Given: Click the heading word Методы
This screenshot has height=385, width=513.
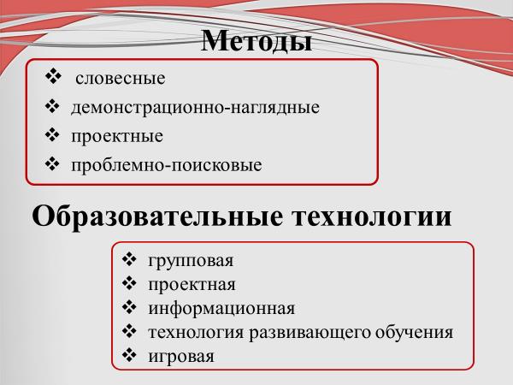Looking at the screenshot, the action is [256, 42].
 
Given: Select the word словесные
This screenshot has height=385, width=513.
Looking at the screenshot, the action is [121, 79].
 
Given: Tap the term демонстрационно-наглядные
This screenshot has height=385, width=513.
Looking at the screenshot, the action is [195, 108].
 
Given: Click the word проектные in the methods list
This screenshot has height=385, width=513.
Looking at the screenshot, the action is [117, 137].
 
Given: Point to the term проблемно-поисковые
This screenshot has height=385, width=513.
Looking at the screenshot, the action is [167, 165].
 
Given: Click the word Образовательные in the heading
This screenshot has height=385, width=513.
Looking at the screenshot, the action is [157, 216].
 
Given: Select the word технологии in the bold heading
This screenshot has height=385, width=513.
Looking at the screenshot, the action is [372, 216].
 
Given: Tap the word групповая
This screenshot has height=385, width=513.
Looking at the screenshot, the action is [191, 262].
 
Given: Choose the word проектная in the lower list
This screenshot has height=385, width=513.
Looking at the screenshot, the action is [192, 285].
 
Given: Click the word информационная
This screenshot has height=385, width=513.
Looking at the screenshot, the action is [221, 308].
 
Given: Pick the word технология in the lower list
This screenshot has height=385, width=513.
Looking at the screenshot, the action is [196, 333].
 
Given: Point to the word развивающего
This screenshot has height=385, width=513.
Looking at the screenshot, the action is [310, 333].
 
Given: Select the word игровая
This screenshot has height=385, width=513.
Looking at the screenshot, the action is [181, 357].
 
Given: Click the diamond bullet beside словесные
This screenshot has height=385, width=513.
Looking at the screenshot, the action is [53, 77].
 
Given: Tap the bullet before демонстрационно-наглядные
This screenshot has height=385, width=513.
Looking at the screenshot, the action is [52, 106].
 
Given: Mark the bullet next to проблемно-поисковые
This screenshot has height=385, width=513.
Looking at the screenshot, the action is [52, 163].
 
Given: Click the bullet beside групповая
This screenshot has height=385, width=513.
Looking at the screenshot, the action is [129, 259].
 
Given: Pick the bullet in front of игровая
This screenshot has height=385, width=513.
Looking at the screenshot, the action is [129, 355].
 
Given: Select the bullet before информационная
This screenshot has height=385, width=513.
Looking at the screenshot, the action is [129, 307].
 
